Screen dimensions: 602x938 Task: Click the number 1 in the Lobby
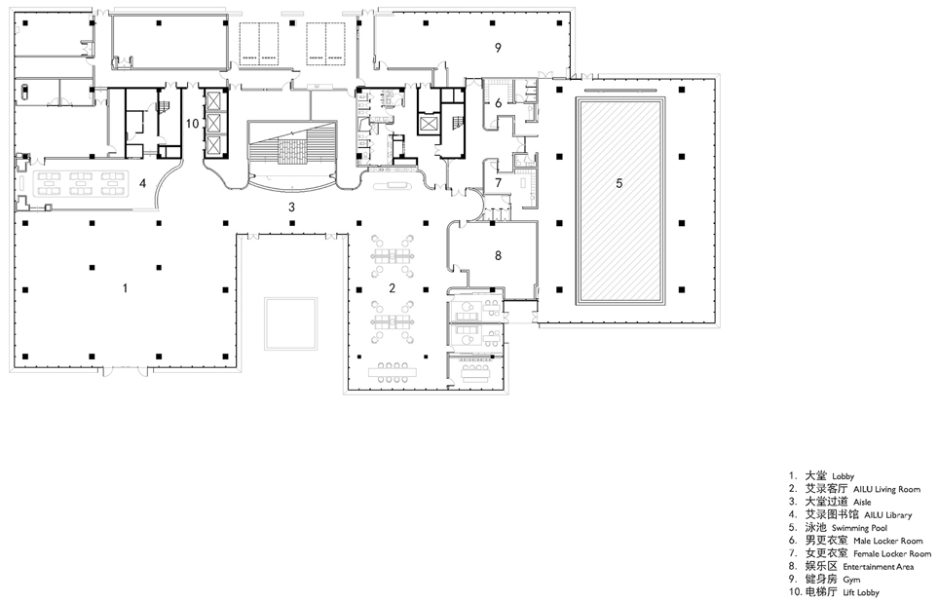click(x=125, y=287)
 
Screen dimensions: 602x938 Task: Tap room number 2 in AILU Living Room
click(x=392, y=287)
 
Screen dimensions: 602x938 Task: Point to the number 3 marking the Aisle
click(x=290, y=207)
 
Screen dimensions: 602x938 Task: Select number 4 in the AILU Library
click(x=142, y=182)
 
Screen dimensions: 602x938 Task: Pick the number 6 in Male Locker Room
click(x=497, y=102)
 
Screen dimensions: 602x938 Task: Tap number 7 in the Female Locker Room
click(x=497, y=182)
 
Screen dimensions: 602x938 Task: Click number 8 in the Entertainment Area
click(x=497, y=255)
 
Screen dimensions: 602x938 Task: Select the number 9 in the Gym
click(x=497, y=47)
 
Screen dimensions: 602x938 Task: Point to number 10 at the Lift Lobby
click(x=192, y=123)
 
